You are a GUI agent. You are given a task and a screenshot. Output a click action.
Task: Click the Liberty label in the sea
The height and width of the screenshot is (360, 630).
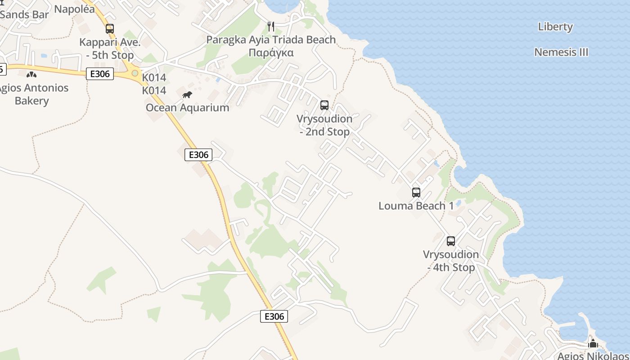point(555,27)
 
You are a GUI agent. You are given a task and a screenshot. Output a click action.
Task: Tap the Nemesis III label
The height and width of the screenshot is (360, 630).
point(561,52)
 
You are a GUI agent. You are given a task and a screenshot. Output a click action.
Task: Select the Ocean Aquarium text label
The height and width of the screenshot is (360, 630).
point(187,108)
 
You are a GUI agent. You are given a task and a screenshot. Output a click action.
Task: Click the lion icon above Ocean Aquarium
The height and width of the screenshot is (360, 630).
point(187,94)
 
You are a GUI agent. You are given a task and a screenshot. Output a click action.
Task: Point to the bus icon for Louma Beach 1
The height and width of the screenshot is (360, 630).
point(416,193)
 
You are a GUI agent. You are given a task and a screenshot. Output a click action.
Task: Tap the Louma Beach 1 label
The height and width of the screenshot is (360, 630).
point(416,206)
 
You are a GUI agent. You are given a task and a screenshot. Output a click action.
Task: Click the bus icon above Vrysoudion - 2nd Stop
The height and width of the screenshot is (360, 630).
point(324,105)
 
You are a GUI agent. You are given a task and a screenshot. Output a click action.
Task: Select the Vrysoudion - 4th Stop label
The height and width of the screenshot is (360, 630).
point(451,261)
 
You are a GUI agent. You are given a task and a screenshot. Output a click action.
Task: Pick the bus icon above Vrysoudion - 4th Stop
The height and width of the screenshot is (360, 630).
point(451,241)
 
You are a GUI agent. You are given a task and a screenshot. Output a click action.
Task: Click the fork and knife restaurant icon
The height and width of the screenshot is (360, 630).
point(271,27)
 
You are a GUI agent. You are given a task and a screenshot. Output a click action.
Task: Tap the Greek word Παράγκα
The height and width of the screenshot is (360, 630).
point(271,53)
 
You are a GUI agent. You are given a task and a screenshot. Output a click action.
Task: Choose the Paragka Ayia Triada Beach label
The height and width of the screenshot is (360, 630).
point(271,40)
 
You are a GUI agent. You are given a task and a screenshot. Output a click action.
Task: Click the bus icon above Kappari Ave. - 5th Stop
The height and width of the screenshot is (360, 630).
point(110,29)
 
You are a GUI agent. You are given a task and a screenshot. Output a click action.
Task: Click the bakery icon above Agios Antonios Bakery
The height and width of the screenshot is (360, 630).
point(31,74)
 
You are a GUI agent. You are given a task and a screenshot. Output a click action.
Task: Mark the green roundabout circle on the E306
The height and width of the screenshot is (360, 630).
point(135,73)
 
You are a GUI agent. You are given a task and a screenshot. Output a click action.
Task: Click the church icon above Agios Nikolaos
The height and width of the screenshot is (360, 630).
point(593,343)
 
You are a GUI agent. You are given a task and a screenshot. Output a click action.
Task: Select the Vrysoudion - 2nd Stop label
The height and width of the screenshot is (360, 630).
point(324,126)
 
